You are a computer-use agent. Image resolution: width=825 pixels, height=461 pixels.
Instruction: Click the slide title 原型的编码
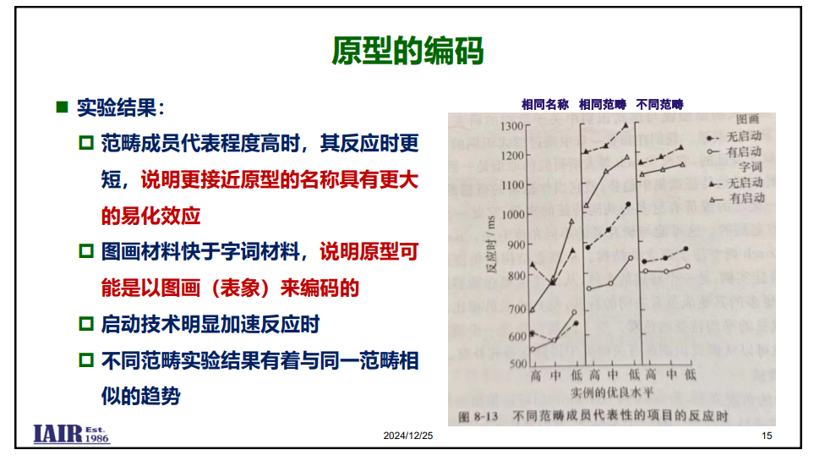coord(407,51)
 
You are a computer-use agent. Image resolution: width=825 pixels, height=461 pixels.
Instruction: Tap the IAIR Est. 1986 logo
coord(72,434)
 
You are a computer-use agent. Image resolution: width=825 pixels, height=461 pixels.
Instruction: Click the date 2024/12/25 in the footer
coord(407,436)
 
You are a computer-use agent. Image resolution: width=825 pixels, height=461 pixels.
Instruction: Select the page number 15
coord(767,436)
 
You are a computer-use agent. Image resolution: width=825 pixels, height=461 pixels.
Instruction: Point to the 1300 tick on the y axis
coord(512,126)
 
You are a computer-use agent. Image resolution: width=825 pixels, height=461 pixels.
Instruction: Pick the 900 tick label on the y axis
coord(516,244)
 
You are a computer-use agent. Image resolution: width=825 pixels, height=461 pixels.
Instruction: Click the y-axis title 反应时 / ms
coord(491,244)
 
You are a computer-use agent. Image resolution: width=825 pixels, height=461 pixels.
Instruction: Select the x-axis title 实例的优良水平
coord(612,392)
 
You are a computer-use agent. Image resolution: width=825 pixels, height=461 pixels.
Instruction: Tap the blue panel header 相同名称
coord(545,104)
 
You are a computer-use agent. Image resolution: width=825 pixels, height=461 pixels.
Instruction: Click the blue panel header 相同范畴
coord(603,104)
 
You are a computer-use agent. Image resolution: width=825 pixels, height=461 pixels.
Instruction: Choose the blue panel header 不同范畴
coord(660,104)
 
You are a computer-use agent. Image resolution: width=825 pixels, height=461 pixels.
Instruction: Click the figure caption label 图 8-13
coord(478,417)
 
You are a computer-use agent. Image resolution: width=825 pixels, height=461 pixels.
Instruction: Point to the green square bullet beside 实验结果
coord(62,107)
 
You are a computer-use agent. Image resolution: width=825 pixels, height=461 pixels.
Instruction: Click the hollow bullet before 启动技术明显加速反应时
coord(86,324)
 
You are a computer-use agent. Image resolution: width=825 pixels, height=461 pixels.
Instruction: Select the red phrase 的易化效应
coord(151,216)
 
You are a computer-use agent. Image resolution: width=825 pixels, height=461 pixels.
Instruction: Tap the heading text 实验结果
coord(117,107)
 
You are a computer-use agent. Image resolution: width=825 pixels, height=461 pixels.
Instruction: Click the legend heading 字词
coord(750,167)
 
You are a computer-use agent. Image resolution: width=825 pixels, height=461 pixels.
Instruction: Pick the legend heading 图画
coord(747,119)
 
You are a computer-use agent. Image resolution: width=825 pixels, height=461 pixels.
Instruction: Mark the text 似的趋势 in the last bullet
coord(141,396)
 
